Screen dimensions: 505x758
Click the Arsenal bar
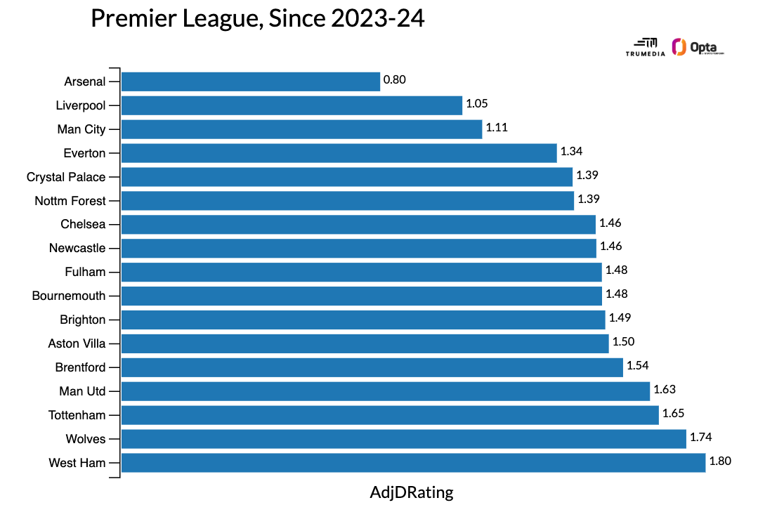[251, 81]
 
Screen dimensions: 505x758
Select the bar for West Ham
[413, 463]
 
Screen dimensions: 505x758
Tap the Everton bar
[339, 153]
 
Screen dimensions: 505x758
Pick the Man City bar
[302, 129]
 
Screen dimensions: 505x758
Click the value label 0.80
[395, 80]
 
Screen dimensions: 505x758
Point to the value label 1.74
[701, 437]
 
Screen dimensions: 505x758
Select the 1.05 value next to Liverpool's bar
[476, 104]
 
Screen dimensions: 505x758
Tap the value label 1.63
[665, 389]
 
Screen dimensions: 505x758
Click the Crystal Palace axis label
[66, 177]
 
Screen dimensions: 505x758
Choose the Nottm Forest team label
[70, 201]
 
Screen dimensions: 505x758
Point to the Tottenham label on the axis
[77, 415]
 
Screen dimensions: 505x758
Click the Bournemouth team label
[69, 296]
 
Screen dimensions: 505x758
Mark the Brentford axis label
[81, 367]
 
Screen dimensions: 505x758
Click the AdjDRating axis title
[412, 492]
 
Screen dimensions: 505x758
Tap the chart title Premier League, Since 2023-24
[258, 19]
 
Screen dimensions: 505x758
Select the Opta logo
[697, 48]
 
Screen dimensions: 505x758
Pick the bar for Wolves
[404, 439]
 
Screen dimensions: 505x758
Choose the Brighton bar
[363, 320]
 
